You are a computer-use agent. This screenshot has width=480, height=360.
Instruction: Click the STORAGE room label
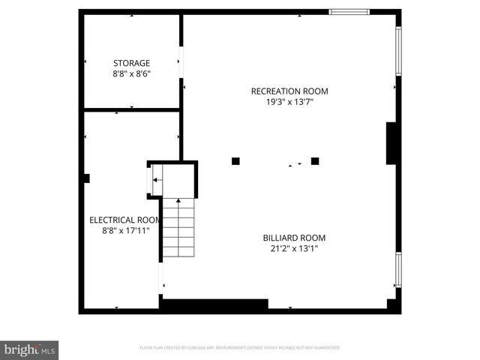(x=131, y=63)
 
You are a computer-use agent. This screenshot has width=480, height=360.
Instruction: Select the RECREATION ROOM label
(x=289, y=91)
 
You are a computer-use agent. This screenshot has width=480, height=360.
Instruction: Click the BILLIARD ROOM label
(x=294, y=238)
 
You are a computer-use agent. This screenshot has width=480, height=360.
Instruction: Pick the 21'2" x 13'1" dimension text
(x=294, y=249)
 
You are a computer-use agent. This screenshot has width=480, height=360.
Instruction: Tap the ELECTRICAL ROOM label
(x=125, y=220)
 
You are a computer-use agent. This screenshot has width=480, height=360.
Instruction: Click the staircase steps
(x=178, y=229)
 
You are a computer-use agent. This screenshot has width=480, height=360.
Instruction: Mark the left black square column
(x=235, y=160)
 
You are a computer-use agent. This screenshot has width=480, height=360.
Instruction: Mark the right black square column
(x=315, y=160)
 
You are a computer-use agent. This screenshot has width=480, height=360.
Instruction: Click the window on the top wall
(x=349, y=11)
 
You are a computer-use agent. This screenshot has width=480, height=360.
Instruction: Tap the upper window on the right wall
(x=398, y=51)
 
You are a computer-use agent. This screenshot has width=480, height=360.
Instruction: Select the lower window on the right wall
(x=398, y=270)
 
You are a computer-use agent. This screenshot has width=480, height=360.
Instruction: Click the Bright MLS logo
(x=30, y=349)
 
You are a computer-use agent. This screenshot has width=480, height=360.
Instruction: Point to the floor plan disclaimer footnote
(x=240, y=348)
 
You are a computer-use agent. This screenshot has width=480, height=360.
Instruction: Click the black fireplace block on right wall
(x=391, y=143)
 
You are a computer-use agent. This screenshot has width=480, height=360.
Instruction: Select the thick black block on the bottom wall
(x=214, y=305)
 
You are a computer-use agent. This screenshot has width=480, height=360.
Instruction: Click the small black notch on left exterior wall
(x=87, y=178)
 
